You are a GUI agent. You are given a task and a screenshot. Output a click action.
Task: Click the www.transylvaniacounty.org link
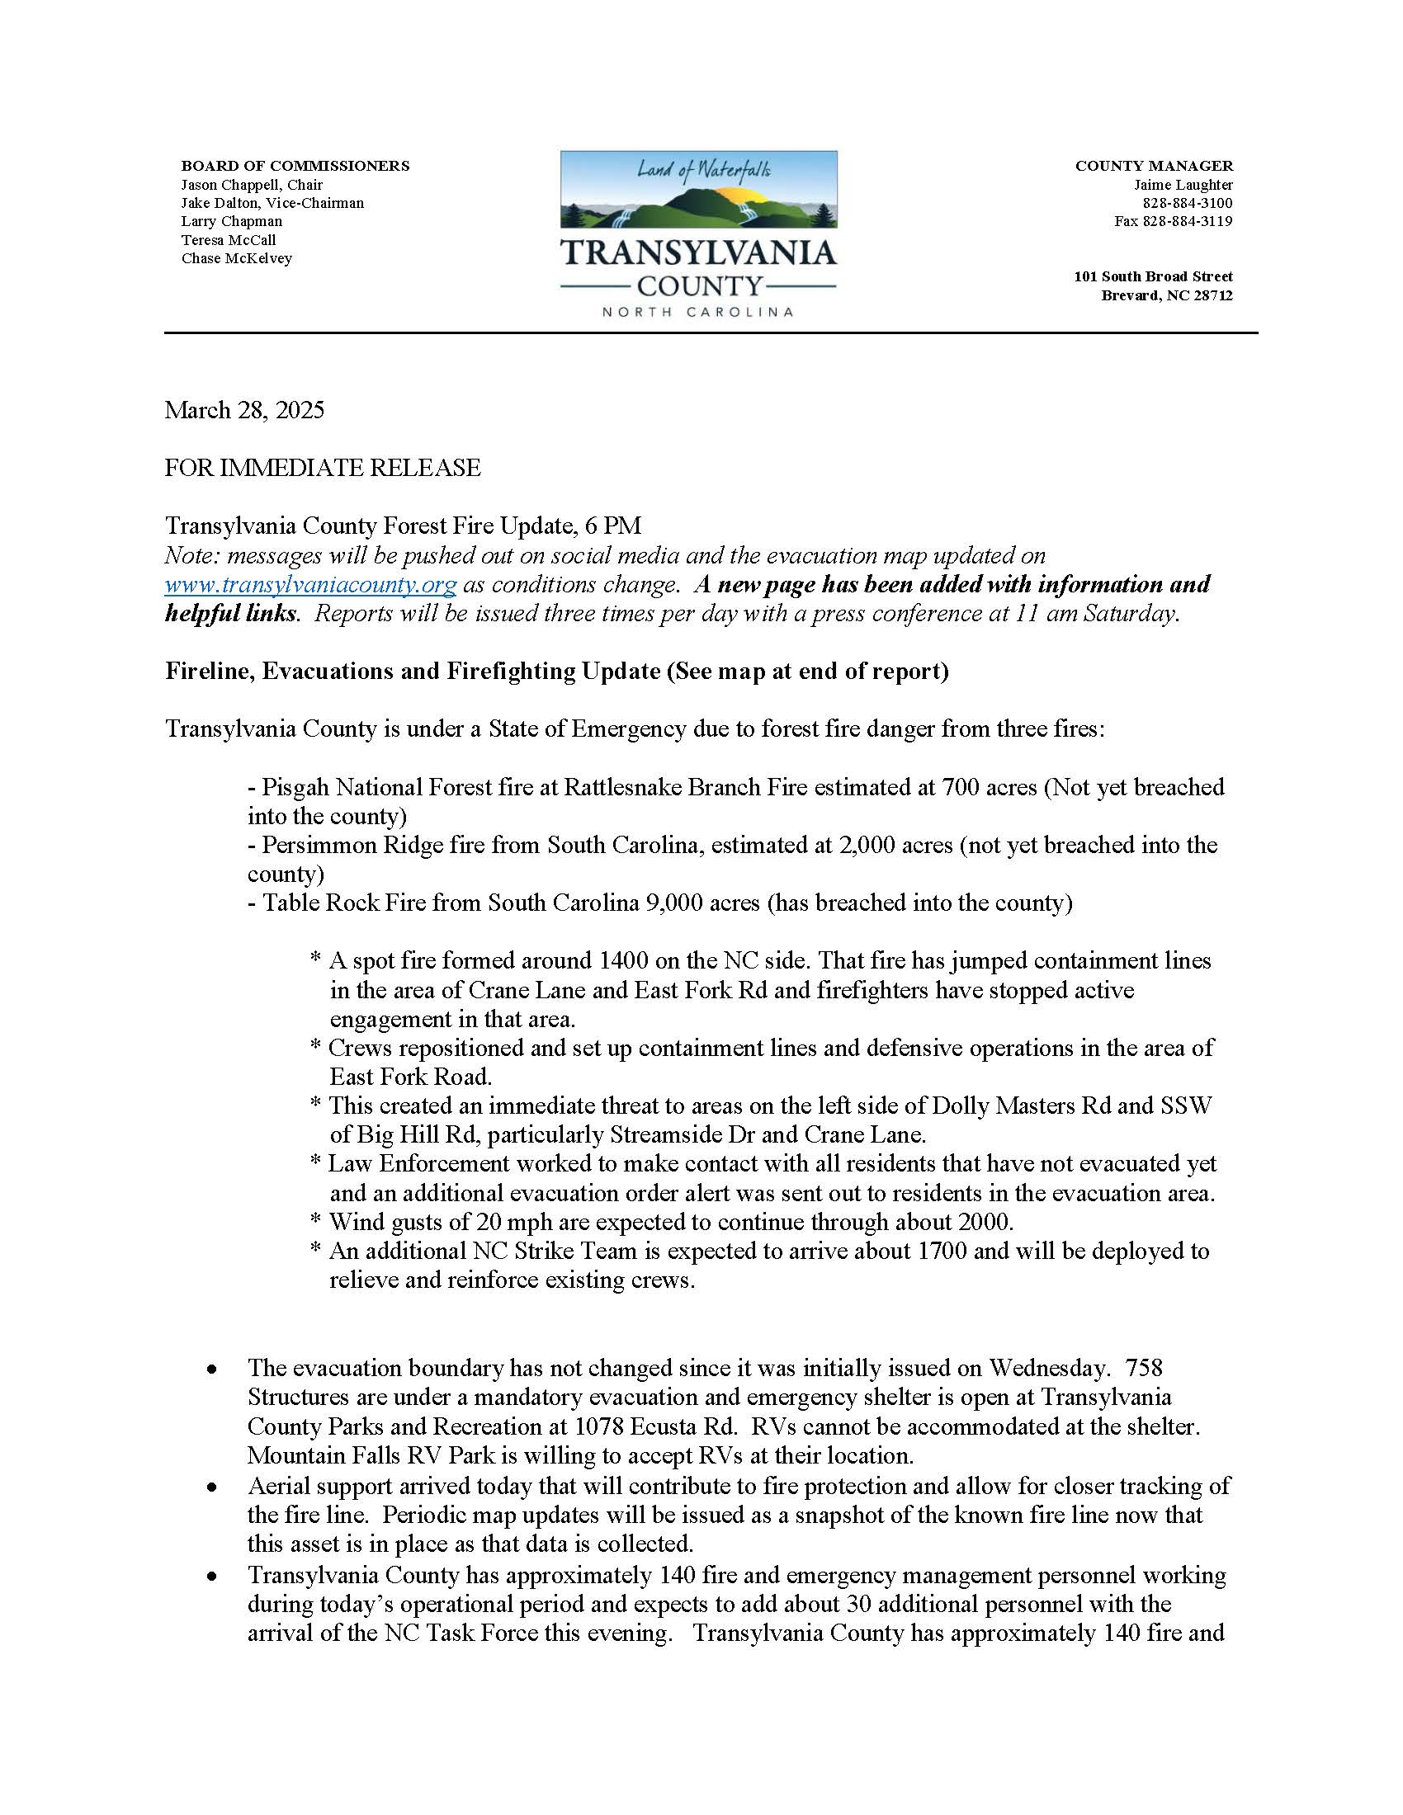(310, 584)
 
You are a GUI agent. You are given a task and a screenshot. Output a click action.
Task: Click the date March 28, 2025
(244, 410)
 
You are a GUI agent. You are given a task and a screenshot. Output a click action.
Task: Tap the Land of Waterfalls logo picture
(698, 190)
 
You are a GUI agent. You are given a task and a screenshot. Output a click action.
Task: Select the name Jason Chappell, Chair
(252, 185)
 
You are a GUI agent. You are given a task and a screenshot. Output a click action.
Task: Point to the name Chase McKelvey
(237, 258)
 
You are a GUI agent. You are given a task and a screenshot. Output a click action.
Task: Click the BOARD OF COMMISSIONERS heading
(295, 166)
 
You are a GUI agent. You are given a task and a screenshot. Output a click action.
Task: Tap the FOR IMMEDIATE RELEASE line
(323, 468)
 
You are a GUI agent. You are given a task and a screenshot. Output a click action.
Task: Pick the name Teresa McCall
(229, 240)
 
